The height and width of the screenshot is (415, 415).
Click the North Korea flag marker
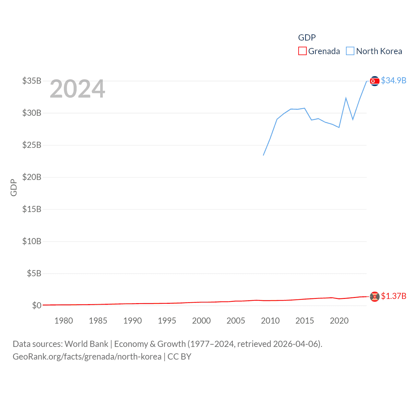tap(374, 81)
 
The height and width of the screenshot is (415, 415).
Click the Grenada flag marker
tap(374, 296)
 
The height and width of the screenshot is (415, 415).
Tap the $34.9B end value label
tap(394, 80)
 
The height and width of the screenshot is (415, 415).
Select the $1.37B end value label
tap(394, 296)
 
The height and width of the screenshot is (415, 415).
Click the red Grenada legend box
tap(302, 51)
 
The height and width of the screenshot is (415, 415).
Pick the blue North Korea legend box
tap(350, 51)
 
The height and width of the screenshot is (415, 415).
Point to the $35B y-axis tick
tap(32, 81)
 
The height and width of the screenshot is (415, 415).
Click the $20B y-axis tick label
tap(32, 177)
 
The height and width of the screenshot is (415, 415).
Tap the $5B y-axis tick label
tap(34, 273)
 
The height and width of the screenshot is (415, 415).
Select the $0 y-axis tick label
tap(37, 305)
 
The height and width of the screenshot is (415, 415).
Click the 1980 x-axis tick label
tap(64, 321)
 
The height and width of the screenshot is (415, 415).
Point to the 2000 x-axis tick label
tap(201, 321)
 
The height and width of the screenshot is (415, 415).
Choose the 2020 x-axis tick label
tap(339, 321)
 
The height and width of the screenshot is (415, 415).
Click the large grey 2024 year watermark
tap(77, 89)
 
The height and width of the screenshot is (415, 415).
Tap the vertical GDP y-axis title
tap(14, 187)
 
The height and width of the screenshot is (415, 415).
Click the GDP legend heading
tap(307, 38)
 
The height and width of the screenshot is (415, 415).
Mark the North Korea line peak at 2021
tap(346, 98)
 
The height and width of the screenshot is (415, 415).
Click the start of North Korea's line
tap(263, 155)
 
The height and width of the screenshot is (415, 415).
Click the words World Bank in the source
tap(86, 344)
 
